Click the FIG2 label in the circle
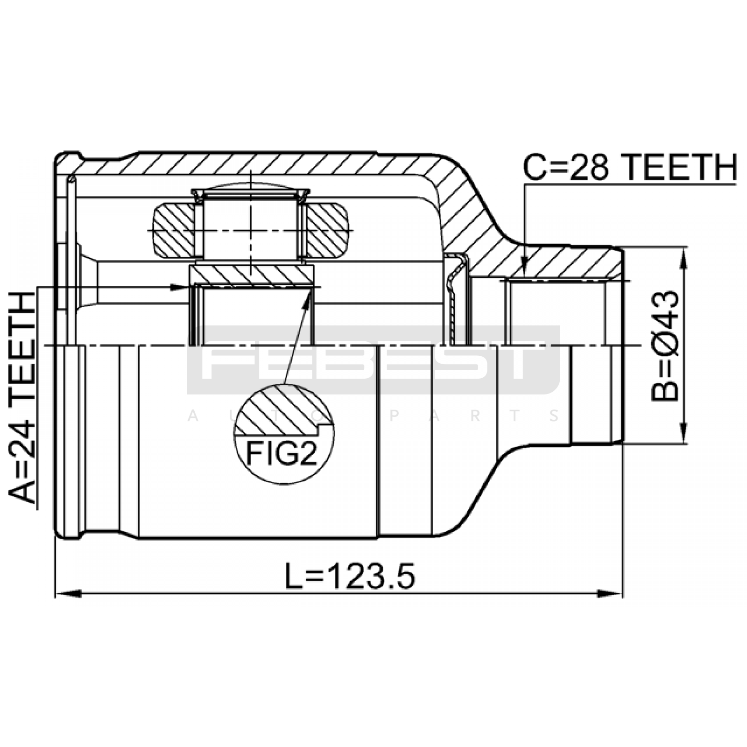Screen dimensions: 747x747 click(x=282, y=454)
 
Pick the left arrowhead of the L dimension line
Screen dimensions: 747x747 click(x=68, y=594)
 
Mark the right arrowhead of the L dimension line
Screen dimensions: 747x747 click(x=610, y=594)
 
